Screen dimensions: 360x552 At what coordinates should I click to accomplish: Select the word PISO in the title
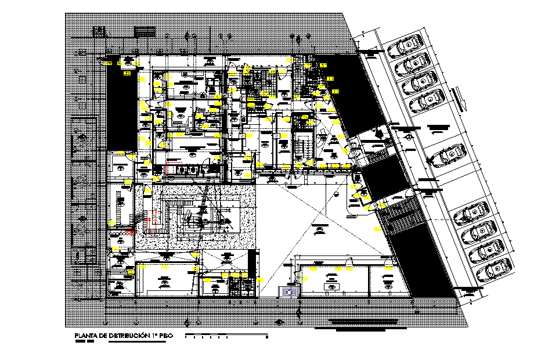[168, 336]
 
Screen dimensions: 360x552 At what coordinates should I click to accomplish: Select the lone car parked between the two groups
[445, 157]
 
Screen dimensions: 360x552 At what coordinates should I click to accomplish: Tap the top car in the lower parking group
[471, 214]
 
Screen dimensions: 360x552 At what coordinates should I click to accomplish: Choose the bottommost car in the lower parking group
[495, 269]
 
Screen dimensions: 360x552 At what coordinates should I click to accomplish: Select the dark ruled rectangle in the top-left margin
[145, 32]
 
